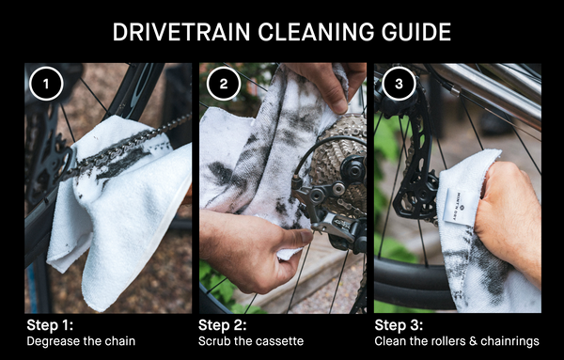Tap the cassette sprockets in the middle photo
(338, 155)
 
